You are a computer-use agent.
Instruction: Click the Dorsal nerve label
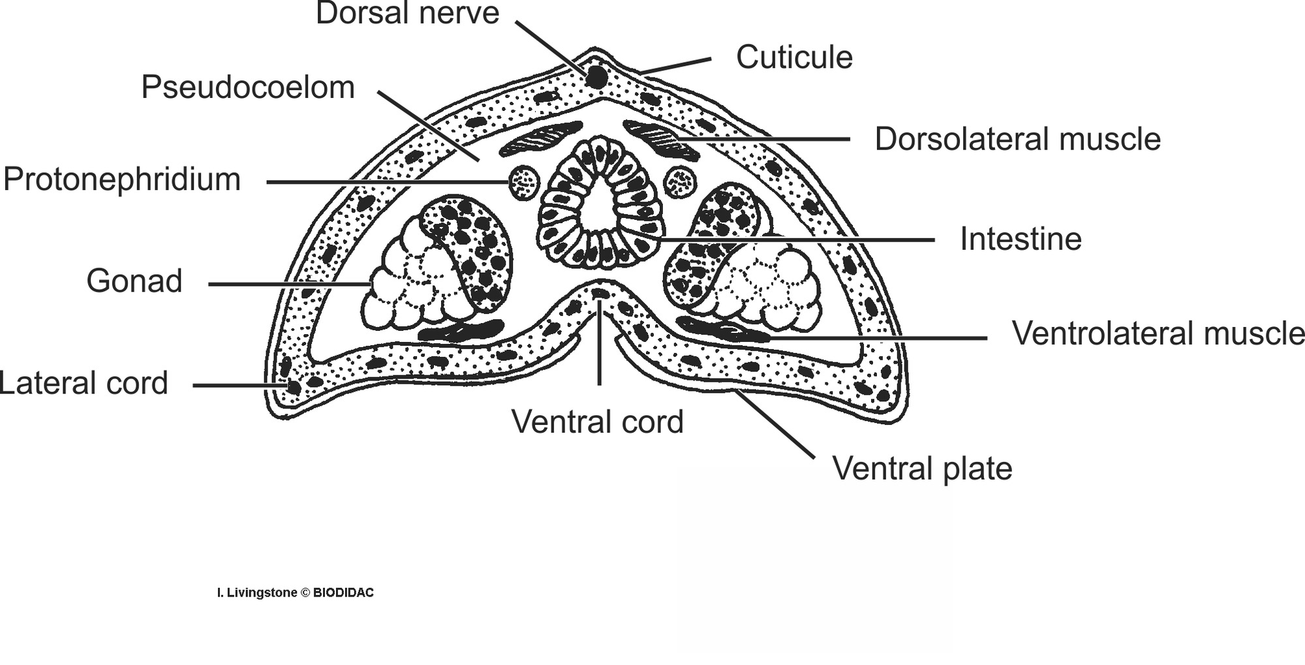[407, 13]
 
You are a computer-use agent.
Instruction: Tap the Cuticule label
[794, 57]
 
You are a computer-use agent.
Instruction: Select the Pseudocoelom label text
[248, 87]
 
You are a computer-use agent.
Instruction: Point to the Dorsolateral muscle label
[1017, 139]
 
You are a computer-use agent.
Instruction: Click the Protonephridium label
[122, 179]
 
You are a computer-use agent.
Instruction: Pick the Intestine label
[1021, 240]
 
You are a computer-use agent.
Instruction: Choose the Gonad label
[134, 281]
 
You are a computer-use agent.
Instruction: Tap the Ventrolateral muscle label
[1158, 333]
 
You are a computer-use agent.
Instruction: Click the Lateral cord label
[84, 383]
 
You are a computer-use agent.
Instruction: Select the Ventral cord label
[597, 422]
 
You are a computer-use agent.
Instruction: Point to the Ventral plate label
[922, 469]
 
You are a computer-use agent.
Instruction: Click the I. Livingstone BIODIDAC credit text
[296, 593]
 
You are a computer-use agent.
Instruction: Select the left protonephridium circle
[523, 182]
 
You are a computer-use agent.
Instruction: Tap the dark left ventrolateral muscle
[461, 331]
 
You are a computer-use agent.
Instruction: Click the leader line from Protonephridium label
[385, 181]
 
